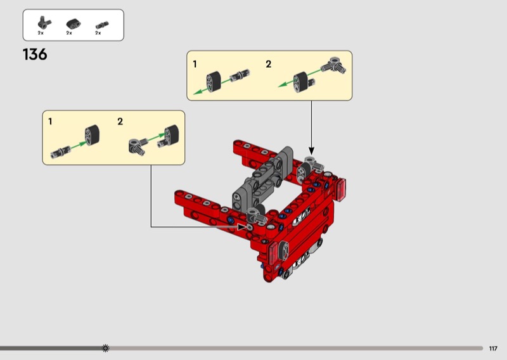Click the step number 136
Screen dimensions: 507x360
click(x=35, y=55)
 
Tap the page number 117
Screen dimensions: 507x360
click(x=493, y=349)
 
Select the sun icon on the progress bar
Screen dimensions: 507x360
click(x=105, y=348)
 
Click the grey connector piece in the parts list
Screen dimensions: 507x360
click(x=44, y=23)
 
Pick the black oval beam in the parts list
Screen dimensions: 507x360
click(x=74, y=23)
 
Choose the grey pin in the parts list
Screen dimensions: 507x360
click(x=102, y=25)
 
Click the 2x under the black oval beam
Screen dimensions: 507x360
click(x=69, y=33)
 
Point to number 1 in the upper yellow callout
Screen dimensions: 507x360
click(x=195, y=65)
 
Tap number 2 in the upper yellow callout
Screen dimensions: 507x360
click(x=268, y=64)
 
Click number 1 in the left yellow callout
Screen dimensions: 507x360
click(x=50, y=122)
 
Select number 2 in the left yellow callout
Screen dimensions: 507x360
click(x=120, y=122)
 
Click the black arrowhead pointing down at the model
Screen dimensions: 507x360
click(x=311, y=150)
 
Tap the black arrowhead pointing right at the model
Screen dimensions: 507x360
click(x=241, y=227)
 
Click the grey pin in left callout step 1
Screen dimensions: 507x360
click(x=60, y=151)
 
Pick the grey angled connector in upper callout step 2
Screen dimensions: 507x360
click(x=335, y=65)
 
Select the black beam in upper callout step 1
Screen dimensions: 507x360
click(x=214, y=82)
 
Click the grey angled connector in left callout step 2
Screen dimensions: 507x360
click(x=137, y=146)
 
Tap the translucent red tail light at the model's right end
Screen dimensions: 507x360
click(x=341, y=190)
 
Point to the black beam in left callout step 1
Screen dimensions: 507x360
click(x=92, y=135)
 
